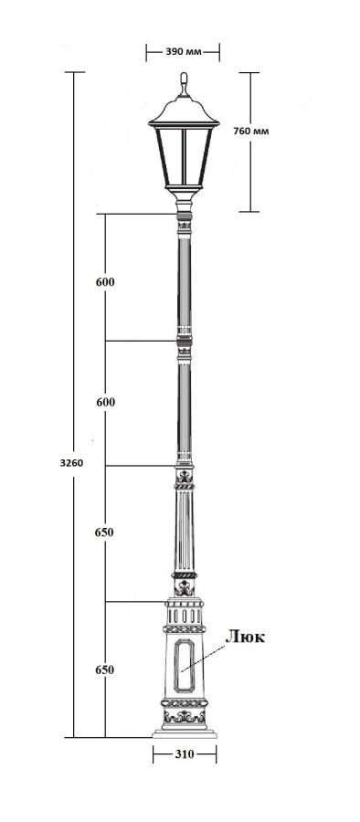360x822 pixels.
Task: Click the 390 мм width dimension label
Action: click(x=183, y=52)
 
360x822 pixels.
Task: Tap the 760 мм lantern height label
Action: click(x=251, y=131)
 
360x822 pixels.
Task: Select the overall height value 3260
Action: click(x=71, y=463)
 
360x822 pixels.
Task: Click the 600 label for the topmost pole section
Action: click(x=105, y=282)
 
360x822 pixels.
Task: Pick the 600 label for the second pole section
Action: click(x=105, y=402)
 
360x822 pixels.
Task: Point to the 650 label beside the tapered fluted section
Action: click(x=104, y=532)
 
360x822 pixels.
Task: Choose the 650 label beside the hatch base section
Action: click(x=105, y=670)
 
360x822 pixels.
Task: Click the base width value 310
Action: click(x=185, y=754)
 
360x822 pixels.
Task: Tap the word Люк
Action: click(x=245, y=637)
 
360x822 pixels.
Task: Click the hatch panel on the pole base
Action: click(x=185, y=664)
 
